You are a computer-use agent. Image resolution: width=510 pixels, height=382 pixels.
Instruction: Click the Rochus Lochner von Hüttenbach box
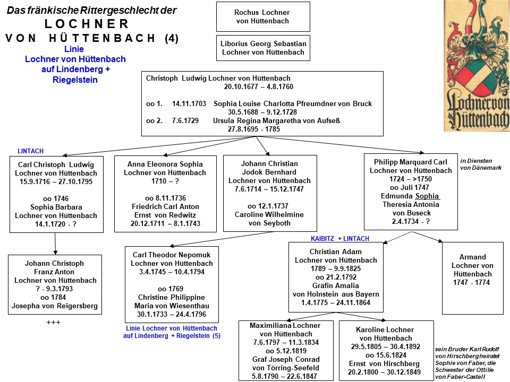(263, 16)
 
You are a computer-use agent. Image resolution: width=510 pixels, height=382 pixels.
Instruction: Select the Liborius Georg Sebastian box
(263, 48)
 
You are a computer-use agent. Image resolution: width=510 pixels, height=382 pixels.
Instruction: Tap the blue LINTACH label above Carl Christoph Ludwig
(31, 151)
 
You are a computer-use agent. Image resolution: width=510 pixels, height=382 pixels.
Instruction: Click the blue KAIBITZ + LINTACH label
(340, 238)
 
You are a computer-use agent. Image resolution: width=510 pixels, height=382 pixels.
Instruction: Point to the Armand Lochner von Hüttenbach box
(473, 278)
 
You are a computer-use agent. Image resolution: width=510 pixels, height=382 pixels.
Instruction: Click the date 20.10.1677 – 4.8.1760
(259, 86)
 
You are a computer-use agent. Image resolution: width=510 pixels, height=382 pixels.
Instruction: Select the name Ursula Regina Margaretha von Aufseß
(276, 120)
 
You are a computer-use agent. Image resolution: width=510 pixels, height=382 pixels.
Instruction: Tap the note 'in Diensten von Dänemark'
(481, 164)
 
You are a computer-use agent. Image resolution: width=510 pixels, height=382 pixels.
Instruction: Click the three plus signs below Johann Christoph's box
(53, 322)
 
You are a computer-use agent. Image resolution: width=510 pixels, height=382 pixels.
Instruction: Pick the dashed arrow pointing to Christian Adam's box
(398, 237)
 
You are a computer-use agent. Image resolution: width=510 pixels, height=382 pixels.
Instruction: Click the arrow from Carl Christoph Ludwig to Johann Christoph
(55, 244)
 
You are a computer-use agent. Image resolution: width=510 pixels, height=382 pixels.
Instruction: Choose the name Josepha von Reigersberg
(55, 306)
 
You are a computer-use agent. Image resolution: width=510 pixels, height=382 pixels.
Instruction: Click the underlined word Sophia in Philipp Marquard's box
(427, 196)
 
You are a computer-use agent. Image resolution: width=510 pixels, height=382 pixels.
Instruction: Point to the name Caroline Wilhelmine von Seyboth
(269, 219)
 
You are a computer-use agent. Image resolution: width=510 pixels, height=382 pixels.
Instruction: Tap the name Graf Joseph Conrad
(286, 359)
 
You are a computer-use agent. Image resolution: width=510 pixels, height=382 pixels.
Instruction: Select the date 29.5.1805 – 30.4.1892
(386, 346)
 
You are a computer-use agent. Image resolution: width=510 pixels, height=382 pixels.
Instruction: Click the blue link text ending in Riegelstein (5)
(172, 332)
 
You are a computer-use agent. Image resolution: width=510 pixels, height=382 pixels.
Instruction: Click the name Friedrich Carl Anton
(165, 206)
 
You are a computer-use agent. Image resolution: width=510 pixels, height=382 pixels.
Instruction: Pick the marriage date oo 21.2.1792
(336, 277)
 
